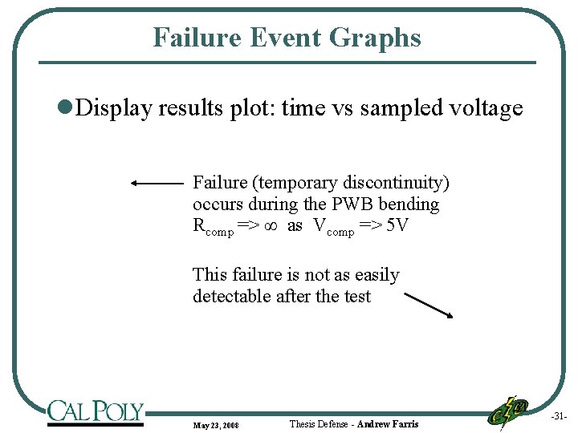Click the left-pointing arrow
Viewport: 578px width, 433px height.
(157, 183)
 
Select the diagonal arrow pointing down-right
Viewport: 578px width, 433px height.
(429, 305)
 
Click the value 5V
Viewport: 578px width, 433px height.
(397, 225)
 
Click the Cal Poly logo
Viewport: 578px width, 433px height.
(95, 412)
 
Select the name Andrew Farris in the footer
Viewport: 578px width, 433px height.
(388, 423)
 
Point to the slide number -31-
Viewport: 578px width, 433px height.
(559, 416)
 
